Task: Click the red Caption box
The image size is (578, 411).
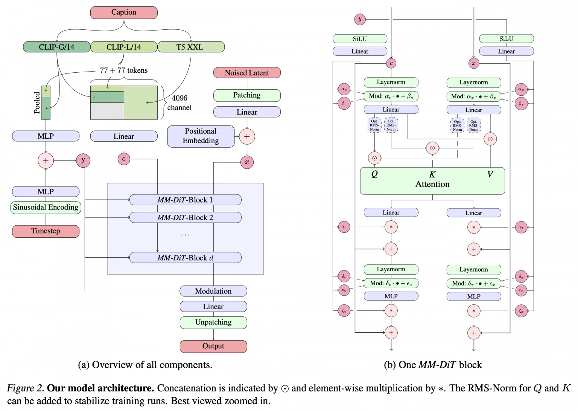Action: click(x=124, y=12)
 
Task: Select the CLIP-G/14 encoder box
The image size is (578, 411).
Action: click(x=56, y=47)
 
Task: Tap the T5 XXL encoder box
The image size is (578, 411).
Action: click(x=191, y=47)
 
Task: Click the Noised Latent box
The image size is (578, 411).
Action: click(x=247, y=73)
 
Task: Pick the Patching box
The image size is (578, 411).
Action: click(x=247, y=95)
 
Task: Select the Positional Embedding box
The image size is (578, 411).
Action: click(x=201, y=136)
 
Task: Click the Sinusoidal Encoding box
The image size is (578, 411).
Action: click(x=46, y=207)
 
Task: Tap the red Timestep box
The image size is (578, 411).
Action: click(x=46, y=231)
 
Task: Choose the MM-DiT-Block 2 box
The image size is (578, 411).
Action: click(x=185, y=217)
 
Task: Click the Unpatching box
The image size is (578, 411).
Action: click(x=213, y=322)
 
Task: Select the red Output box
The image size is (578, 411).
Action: click(x=213, y=346)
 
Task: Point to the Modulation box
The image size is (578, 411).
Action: click(x=213, y=291)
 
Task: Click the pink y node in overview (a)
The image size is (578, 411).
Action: click(x=83, y=160)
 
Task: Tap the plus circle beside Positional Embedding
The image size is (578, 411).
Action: click(x=247, y=136)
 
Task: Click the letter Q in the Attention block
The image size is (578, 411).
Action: click(x=374, y=174)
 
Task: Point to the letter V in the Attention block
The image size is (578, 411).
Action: click(x=490, y=174)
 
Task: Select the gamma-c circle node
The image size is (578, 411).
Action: click(x=344, y=227)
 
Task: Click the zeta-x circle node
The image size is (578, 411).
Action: click(x=521, y=311)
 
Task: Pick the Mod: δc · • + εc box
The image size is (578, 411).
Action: click(x=391, y=283)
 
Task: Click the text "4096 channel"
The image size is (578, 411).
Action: click(x=179, y=103)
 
